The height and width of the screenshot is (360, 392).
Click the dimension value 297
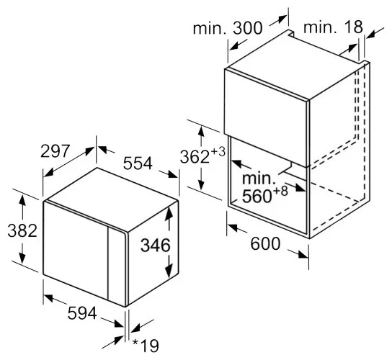tap(55, 151)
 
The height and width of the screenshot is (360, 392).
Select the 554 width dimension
tap(138, 163)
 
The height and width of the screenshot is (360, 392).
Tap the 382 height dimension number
tap(22, 230)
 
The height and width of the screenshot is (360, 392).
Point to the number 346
tap(155, 245)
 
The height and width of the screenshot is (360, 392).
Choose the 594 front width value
tap(82, 313)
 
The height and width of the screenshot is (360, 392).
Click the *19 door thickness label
tap(146, 346)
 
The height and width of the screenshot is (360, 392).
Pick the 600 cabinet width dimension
tap(265, 243)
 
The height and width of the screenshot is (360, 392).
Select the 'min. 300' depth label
tap(228, 28)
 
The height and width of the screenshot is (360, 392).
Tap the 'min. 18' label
tap(333, 27)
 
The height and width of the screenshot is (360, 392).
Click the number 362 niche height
tap(195, 157)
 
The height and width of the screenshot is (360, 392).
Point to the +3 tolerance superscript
tap(218, 152)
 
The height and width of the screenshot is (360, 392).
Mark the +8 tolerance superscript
tap(280, 191)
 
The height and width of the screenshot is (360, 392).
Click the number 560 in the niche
tap(257, 196)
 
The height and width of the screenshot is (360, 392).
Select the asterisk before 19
tap(135, 342)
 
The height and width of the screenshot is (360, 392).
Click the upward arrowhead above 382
tap(22, 200)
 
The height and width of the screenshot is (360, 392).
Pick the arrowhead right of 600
tap(303, 254)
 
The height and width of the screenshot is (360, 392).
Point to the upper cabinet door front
tap(266, 117)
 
